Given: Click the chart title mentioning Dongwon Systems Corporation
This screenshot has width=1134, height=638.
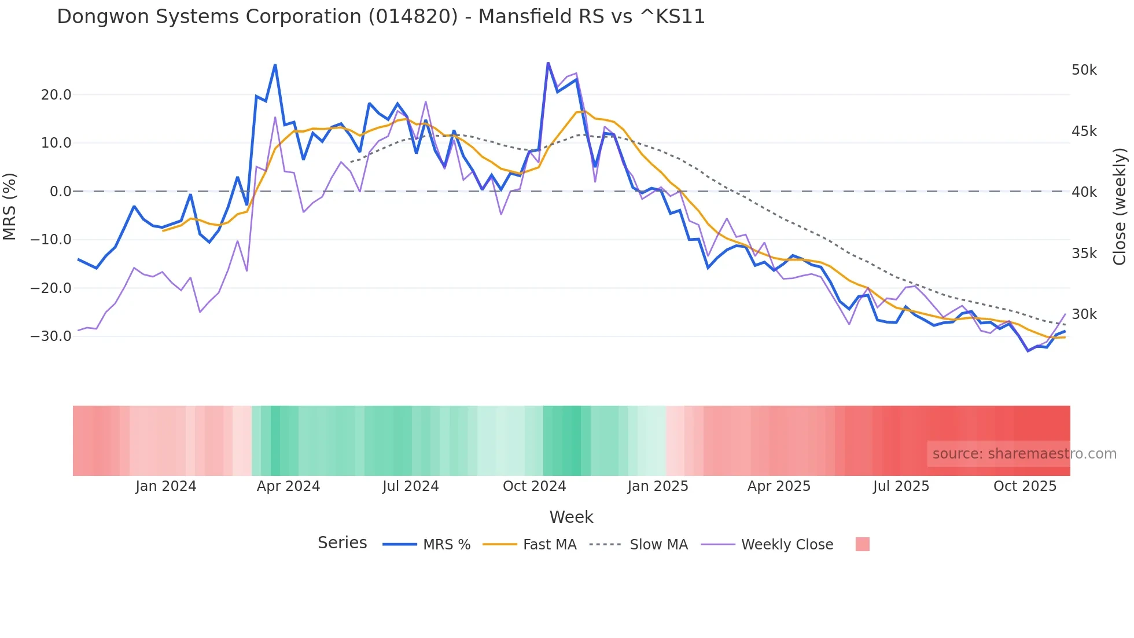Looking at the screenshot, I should pyautogui.click(x=381, y=17).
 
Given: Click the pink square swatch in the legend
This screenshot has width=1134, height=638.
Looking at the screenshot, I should pyautogui.click(x=862, y=544).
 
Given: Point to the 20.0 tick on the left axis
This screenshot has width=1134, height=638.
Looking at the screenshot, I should pyautogui.click(x=56, y=95).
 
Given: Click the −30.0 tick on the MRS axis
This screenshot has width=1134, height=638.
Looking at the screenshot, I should pyautogui.click(x=51, y=336).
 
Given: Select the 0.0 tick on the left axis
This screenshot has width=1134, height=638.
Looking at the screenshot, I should pyautogui.click(x=60, y=192).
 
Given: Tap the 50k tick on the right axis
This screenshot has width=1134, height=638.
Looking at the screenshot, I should pyautogui.click(x=1084, y=70).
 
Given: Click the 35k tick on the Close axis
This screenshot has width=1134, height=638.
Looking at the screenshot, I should pyautogui.click(x=1084, y=254).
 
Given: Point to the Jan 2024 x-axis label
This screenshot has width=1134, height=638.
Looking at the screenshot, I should pyautogui.click(x=166, y=486).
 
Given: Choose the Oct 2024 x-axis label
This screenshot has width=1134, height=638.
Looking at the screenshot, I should pyautogui.click(x=534, y=486).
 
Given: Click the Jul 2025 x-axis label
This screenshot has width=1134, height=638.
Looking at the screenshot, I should pyautogui.click(x=901, y=486).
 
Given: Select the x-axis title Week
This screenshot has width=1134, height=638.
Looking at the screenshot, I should pyautogui.click(x=571, y=517).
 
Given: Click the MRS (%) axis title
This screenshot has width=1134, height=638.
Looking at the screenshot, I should pyautogui.click(x=10, y=207).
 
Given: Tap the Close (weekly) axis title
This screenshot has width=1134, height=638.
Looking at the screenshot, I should pyautogui.click(x=1120, y=207).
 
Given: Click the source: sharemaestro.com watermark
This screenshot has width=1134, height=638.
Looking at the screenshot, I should pyautogui.click(x=1024, y=454).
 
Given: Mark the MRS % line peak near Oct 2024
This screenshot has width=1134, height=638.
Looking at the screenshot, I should pyautogui.click(x=548, y=63).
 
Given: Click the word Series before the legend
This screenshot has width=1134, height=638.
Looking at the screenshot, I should pyautogui.click(x=342, y=543).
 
